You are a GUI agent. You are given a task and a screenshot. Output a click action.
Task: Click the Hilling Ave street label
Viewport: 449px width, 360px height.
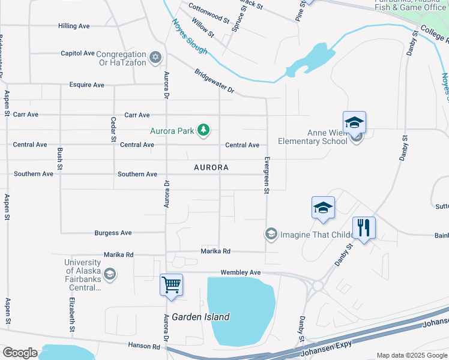click(x=74, y=26)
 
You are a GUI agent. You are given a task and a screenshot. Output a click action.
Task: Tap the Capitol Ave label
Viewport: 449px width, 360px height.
click(x=78, y=53)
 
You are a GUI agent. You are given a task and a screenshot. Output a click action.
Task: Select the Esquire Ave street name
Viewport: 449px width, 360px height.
click(x=86, y=85)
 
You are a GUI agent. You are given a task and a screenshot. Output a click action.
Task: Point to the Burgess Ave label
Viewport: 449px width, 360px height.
click(x=113, y=233)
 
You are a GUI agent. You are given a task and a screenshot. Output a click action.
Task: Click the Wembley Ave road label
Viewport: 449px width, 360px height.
click(x=241, y=272)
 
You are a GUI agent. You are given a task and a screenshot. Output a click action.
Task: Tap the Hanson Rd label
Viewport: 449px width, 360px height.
click(x=144, y=346)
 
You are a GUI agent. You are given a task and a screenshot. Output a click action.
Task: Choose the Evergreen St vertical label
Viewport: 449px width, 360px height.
click(x=265, y=176)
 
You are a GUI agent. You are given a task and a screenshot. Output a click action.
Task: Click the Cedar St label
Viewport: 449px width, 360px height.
click(x=112, y=129)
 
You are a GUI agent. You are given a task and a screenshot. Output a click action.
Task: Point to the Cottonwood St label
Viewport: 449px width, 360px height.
click(x=209, y=12)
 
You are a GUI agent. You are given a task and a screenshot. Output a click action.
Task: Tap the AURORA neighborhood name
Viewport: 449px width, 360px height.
click(x=211, y=168)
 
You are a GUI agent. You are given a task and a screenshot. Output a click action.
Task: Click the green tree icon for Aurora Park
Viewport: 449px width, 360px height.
click(x=204, y=130)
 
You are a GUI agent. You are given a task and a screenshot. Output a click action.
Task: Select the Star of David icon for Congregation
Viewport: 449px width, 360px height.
click(x=156, y=57)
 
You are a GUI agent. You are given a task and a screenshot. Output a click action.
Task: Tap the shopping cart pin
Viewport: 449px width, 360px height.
click(x=172, y=284)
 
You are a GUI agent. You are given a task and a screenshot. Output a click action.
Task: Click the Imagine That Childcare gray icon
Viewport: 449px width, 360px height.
click(x=271, y=233)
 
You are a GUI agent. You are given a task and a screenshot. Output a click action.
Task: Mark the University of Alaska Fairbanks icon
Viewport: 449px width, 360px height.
click(x=109, y=275)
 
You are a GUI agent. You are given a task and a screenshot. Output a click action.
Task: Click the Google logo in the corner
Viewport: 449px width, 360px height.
click(x=20, y=353)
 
